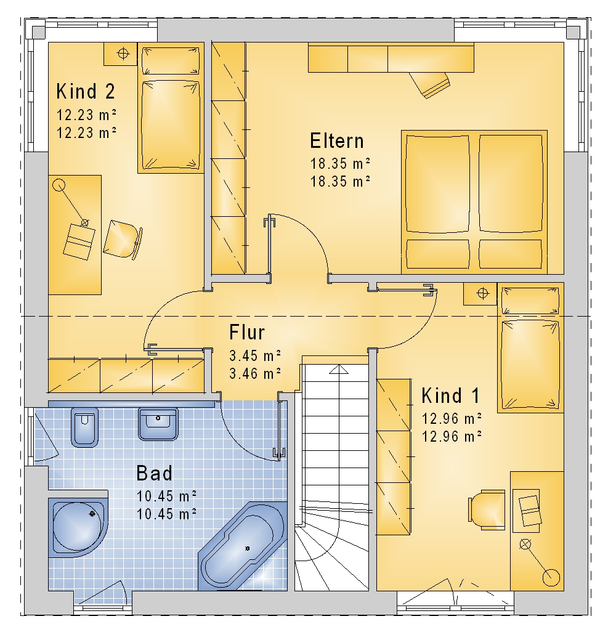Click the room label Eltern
tap(337, 141)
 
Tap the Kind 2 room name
tap(86, 91)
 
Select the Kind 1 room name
tap(451, 395)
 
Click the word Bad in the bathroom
tap(154, 474)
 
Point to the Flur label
tap(247, 332)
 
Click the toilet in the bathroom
tap(85, 427)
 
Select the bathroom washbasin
tap(158, 424)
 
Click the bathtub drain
tap(248, 549)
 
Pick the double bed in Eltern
tap(474, 202)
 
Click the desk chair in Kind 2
tap(123, 240)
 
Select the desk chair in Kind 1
tap(487, 510)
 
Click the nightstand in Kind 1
tap(480, 293)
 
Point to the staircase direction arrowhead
tap(339, 370)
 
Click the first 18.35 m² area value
tap(341, 164)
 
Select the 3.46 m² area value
tap(255, 373)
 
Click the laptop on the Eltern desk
tap(429, 84)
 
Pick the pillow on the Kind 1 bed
tap(530, 301)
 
